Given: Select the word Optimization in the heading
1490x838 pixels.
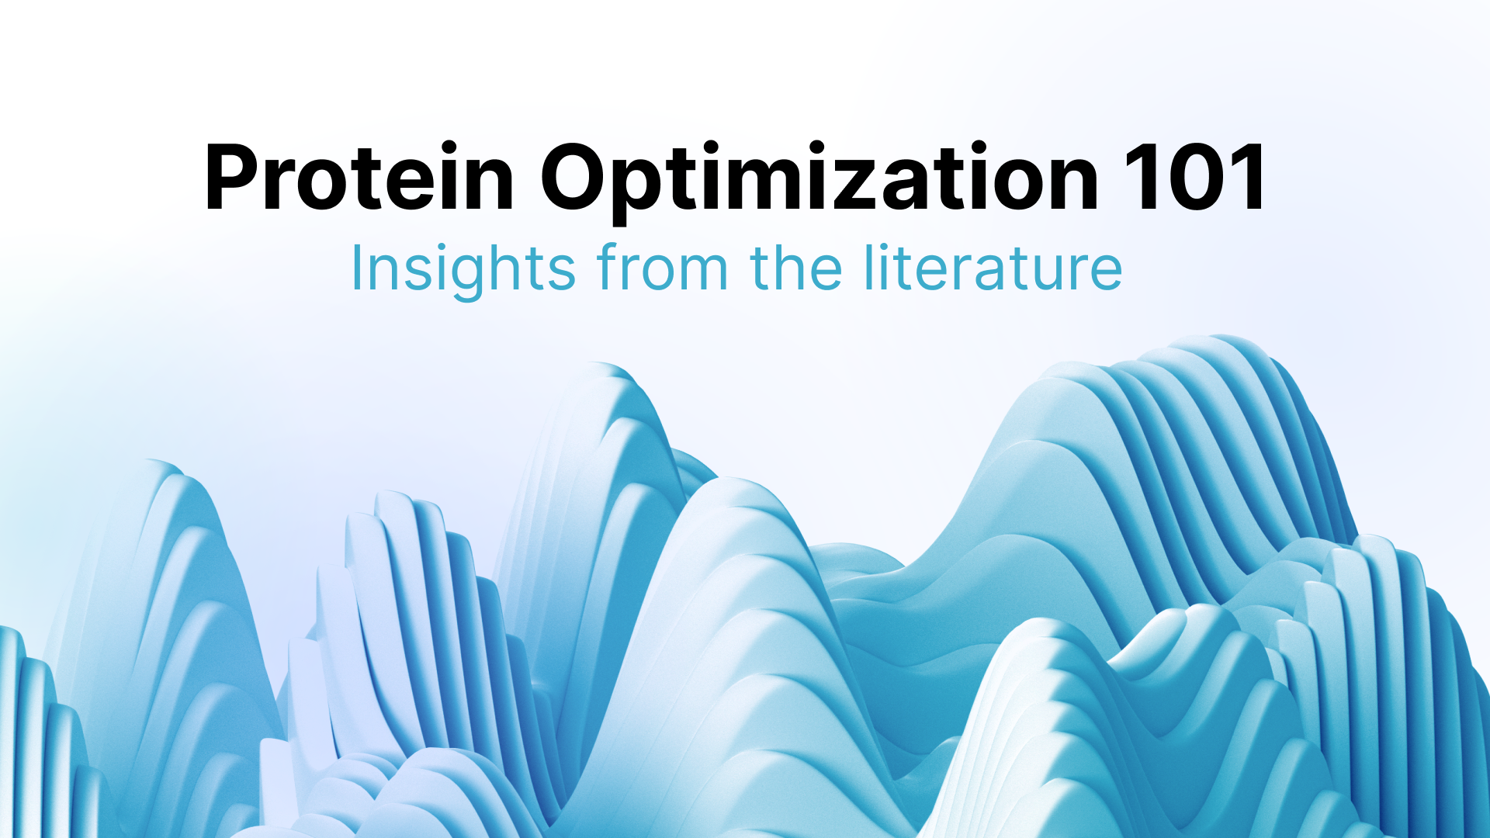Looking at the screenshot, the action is (819, 182).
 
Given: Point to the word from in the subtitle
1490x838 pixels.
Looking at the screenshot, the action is (663, 268).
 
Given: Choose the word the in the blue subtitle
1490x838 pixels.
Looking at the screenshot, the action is (796, 268).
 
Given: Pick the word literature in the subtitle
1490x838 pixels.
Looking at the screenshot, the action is (993, 268).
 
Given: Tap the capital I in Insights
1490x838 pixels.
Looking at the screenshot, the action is (356, 268).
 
